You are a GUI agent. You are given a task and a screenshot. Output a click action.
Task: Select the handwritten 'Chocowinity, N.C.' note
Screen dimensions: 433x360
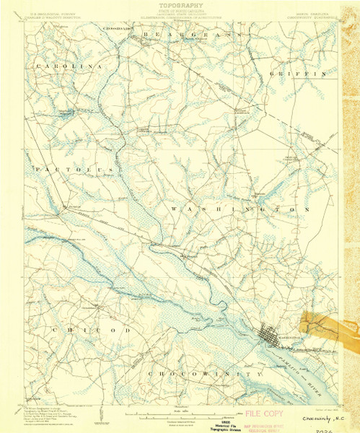pyautogui.click(x=319, y=416)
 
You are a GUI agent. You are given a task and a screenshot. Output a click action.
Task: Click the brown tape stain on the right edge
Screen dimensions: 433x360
pyautogui.click(x=322, y=323)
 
